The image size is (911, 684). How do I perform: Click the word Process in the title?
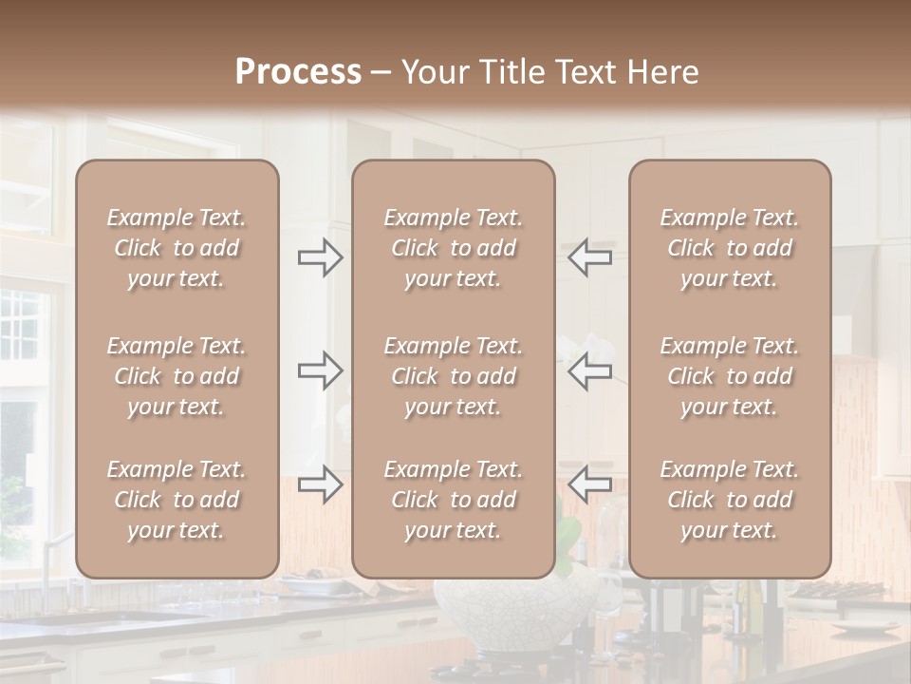click(x=298, y=71)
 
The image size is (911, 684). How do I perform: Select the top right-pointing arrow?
click(x=320, y=257)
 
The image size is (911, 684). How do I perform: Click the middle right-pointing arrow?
click(x=320, y=370)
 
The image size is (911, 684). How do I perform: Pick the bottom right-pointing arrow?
click(x=320, y=484)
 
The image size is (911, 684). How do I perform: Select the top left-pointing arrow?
click(x=590, y=257)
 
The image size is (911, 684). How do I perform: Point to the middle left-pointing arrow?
click(x=590, y=370)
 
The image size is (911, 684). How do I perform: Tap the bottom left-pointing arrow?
click(x=590, y=484)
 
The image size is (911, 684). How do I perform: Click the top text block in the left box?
click(x=177, y=248)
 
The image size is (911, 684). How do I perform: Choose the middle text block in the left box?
click(x=177, y=376)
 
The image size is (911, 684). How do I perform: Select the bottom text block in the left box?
click(x=177, y=500)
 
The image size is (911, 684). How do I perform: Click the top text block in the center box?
click(x=453, y=248)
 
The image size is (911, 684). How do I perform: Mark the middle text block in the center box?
click(x=453, y=376)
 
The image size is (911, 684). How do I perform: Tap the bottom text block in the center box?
click(x=453, y=500)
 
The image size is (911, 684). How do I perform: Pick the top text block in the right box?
click(x=729, y=248)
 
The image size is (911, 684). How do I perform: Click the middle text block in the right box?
click(x=729, y=376)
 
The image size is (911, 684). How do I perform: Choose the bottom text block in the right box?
click(x=729, y=500)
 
